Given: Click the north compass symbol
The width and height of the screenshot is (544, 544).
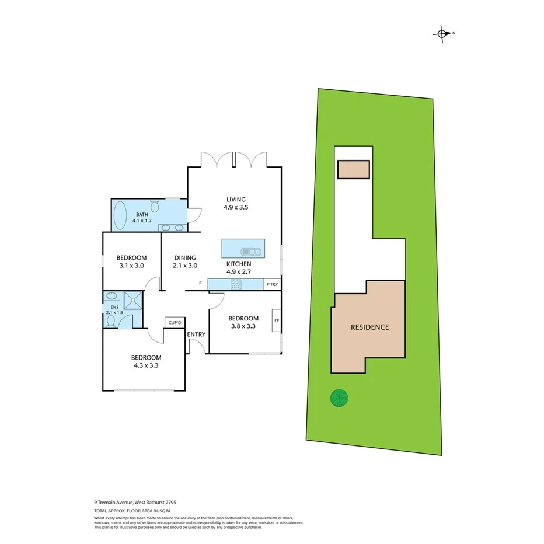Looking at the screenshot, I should tap(442, 33).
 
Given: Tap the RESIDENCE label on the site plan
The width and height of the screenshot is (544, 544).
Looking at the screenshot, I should tap(369, 327).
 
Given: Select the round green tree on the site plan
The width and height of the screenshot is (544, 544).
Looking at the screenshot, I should tap(339, 398).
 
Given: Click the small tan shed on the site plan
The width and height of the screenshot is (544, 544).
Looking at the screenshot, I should tap(353, 169).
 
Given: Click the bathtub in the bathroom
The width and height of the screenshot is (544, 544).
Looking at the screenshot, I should tap(120, 215).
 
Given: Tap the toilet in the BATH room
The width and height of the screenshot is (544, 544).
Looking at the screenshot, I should tap(155, 206).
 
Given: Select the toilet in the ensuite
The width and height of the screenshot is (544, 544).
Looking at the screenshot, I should tap(110, 320).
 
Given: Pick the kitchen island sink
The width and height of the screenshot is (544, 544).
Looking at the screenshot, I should tap(252, 252).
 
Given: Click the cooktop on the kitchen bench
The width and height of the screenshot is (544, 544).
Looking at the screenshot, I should tap(236, 284).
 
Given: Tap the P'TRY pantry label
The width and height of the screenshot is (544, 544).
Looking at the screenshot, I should tap(272, 285).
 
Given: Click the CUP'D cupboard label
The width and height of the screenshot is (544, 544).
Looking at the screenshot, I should tap(175, 322).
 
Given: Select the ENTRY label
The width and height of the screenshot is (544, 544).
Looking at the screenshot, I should tap(196, 334).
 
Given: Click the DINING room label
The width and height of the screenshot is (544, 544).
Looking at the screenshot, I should tap(184, 257).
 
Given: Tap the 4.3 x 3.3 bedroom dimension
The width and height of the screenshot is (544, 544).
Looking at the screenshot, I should tap(145, 366).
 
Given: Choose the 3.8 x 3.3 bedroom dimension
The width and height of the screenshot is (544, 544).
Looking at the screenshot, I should tap(243, 327).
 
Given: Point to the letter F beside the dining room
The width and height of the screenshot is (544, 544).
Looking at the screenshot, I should tap(200, 284).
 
